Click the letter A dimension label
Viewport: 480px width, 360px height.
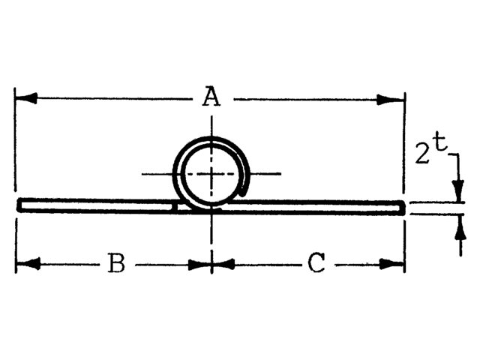[212, 97]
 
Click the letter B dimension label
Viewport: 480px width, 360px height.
[115, 264]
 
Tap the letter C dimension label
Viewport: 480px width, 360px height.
[317, 264]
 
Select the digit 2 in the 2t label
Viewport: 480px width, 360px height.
[422, 154]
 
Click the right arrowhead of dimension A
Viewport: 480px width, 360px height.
[393, 98]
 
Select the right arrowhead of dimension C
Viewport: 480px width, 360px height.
[393, 264]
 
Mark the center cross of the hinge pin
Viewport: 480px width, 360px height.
[211, 174]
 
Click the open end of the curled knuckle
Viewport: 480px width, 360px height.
[244, 180]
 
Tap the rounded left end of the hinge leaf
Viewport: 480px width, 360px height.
[19, 205]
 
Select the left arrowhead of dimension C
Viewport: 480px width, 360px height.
[223, 264]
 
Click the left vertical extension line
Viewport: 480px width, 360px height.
[15, 150]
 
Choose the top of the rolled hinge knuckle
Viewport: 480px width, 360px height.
[211, 139]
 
